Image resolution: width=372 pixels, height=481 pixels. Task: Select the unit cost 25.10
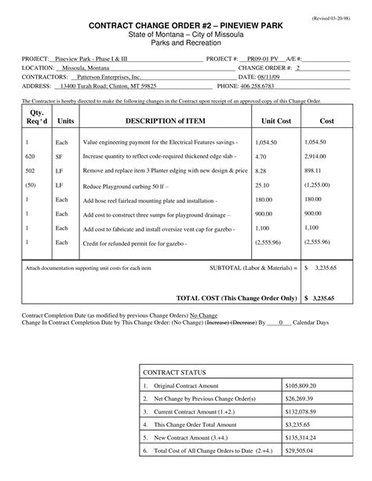[x=264, y=185]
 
